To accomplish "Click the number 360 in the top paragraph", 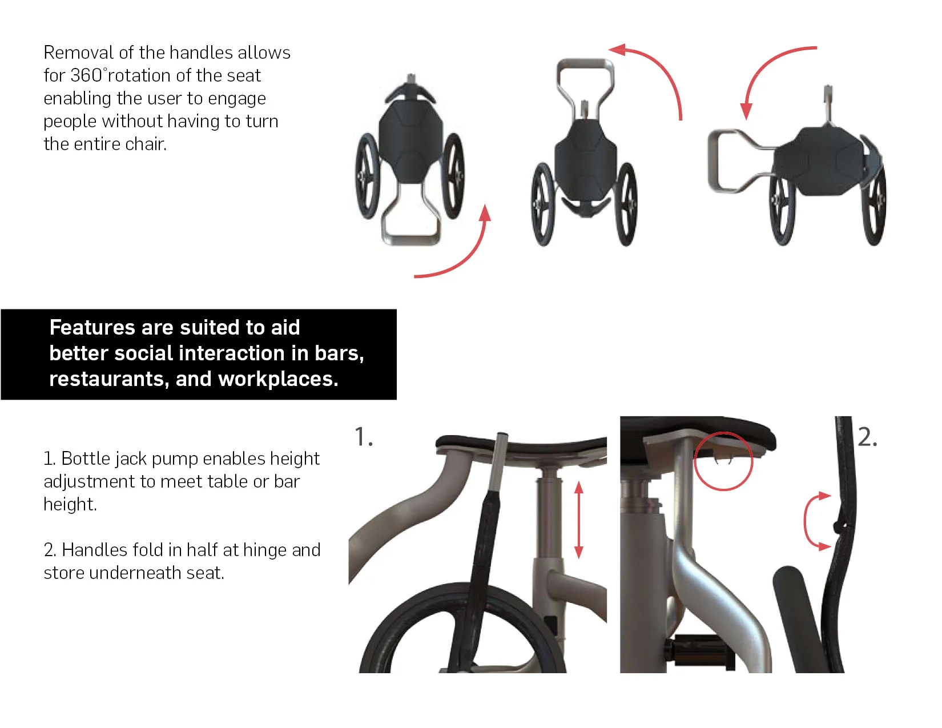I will click(86, 75).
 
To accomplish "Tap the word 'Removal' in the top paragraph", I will click(78, 53).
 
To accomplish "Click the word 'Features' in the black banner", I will click(91, 327).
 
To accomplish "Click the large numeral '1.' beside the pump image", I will click(364, 437).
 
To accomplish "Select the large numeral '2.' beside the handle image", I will click(867, 437).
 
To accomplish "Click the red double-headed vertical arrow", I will click(578, 520).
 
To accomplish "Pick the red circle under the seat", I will click(723, 461).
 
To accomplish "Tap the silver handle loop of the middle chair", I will click(585, 71).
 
